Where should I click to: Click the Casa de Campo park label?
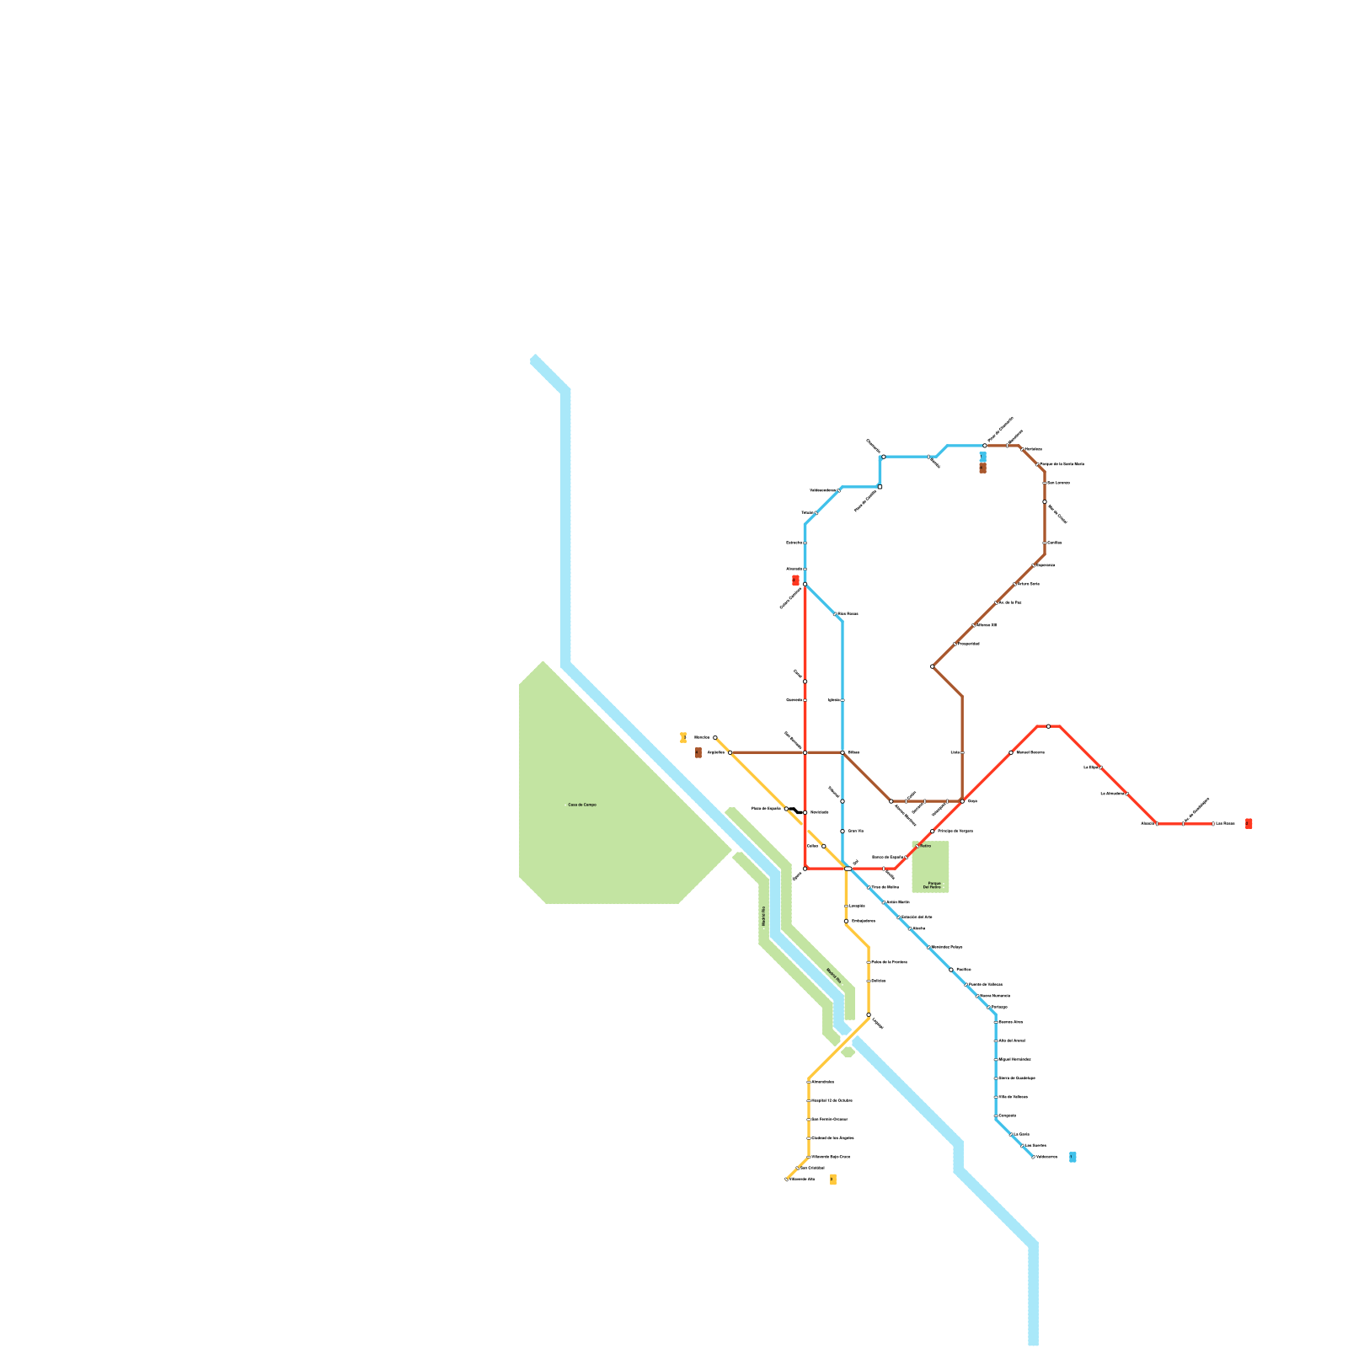pyautogui.click(x=582, y=805)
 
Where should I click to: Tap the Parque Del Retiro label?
pyautogui.click(x=932, y=885)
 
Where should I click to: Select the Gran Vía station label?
pyautogui.click(x=855, y=831)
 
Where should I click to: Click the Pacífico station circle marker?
pyautogui.click(x=951, y=970)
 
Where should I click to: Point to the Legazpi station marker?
pyautogui.click(x=869, y=1015)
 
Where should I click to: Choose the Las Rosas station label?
pyautogui.click(x=1226, y=823)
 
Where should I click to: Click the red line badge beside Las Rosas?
pyautogui.click(x=1249, y=823)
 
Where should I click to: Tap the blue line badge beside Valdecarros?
pyautogui.click(x=1073, y=1157)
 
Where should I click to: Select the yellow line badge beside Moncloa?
pyautogui.click(x=683, y=738)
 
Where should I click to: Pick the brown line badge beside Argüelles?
pyautogui.click(x=698, y=753)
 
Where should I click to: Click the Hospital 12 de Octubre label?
pyautogui.click(x=832, y=1100)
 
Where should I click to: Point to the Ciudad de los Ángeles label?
pyautogui.click(x=833, y=1137)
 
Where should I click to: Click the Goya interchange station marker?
pyautogui.click(x=962, y=801)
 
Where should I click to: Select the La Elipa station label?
pyautogui.click(x=1090, y=768)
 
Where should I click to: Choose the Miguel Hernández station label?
pyautogui.click(x=1014, y=1059)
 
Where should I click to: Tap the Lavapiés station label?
pyautogui.click(x=857, y=906)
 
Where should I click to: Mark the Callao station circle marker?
pyautogui.click(x=823, y=846)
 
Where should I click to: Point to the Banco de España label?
pyautogui.click(x=887, y=857)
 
